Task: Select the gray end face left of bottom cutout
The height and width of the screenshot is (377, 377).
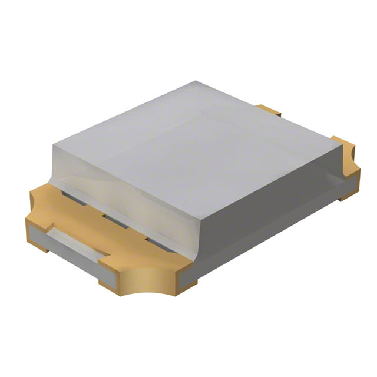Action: click(112, 280)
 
